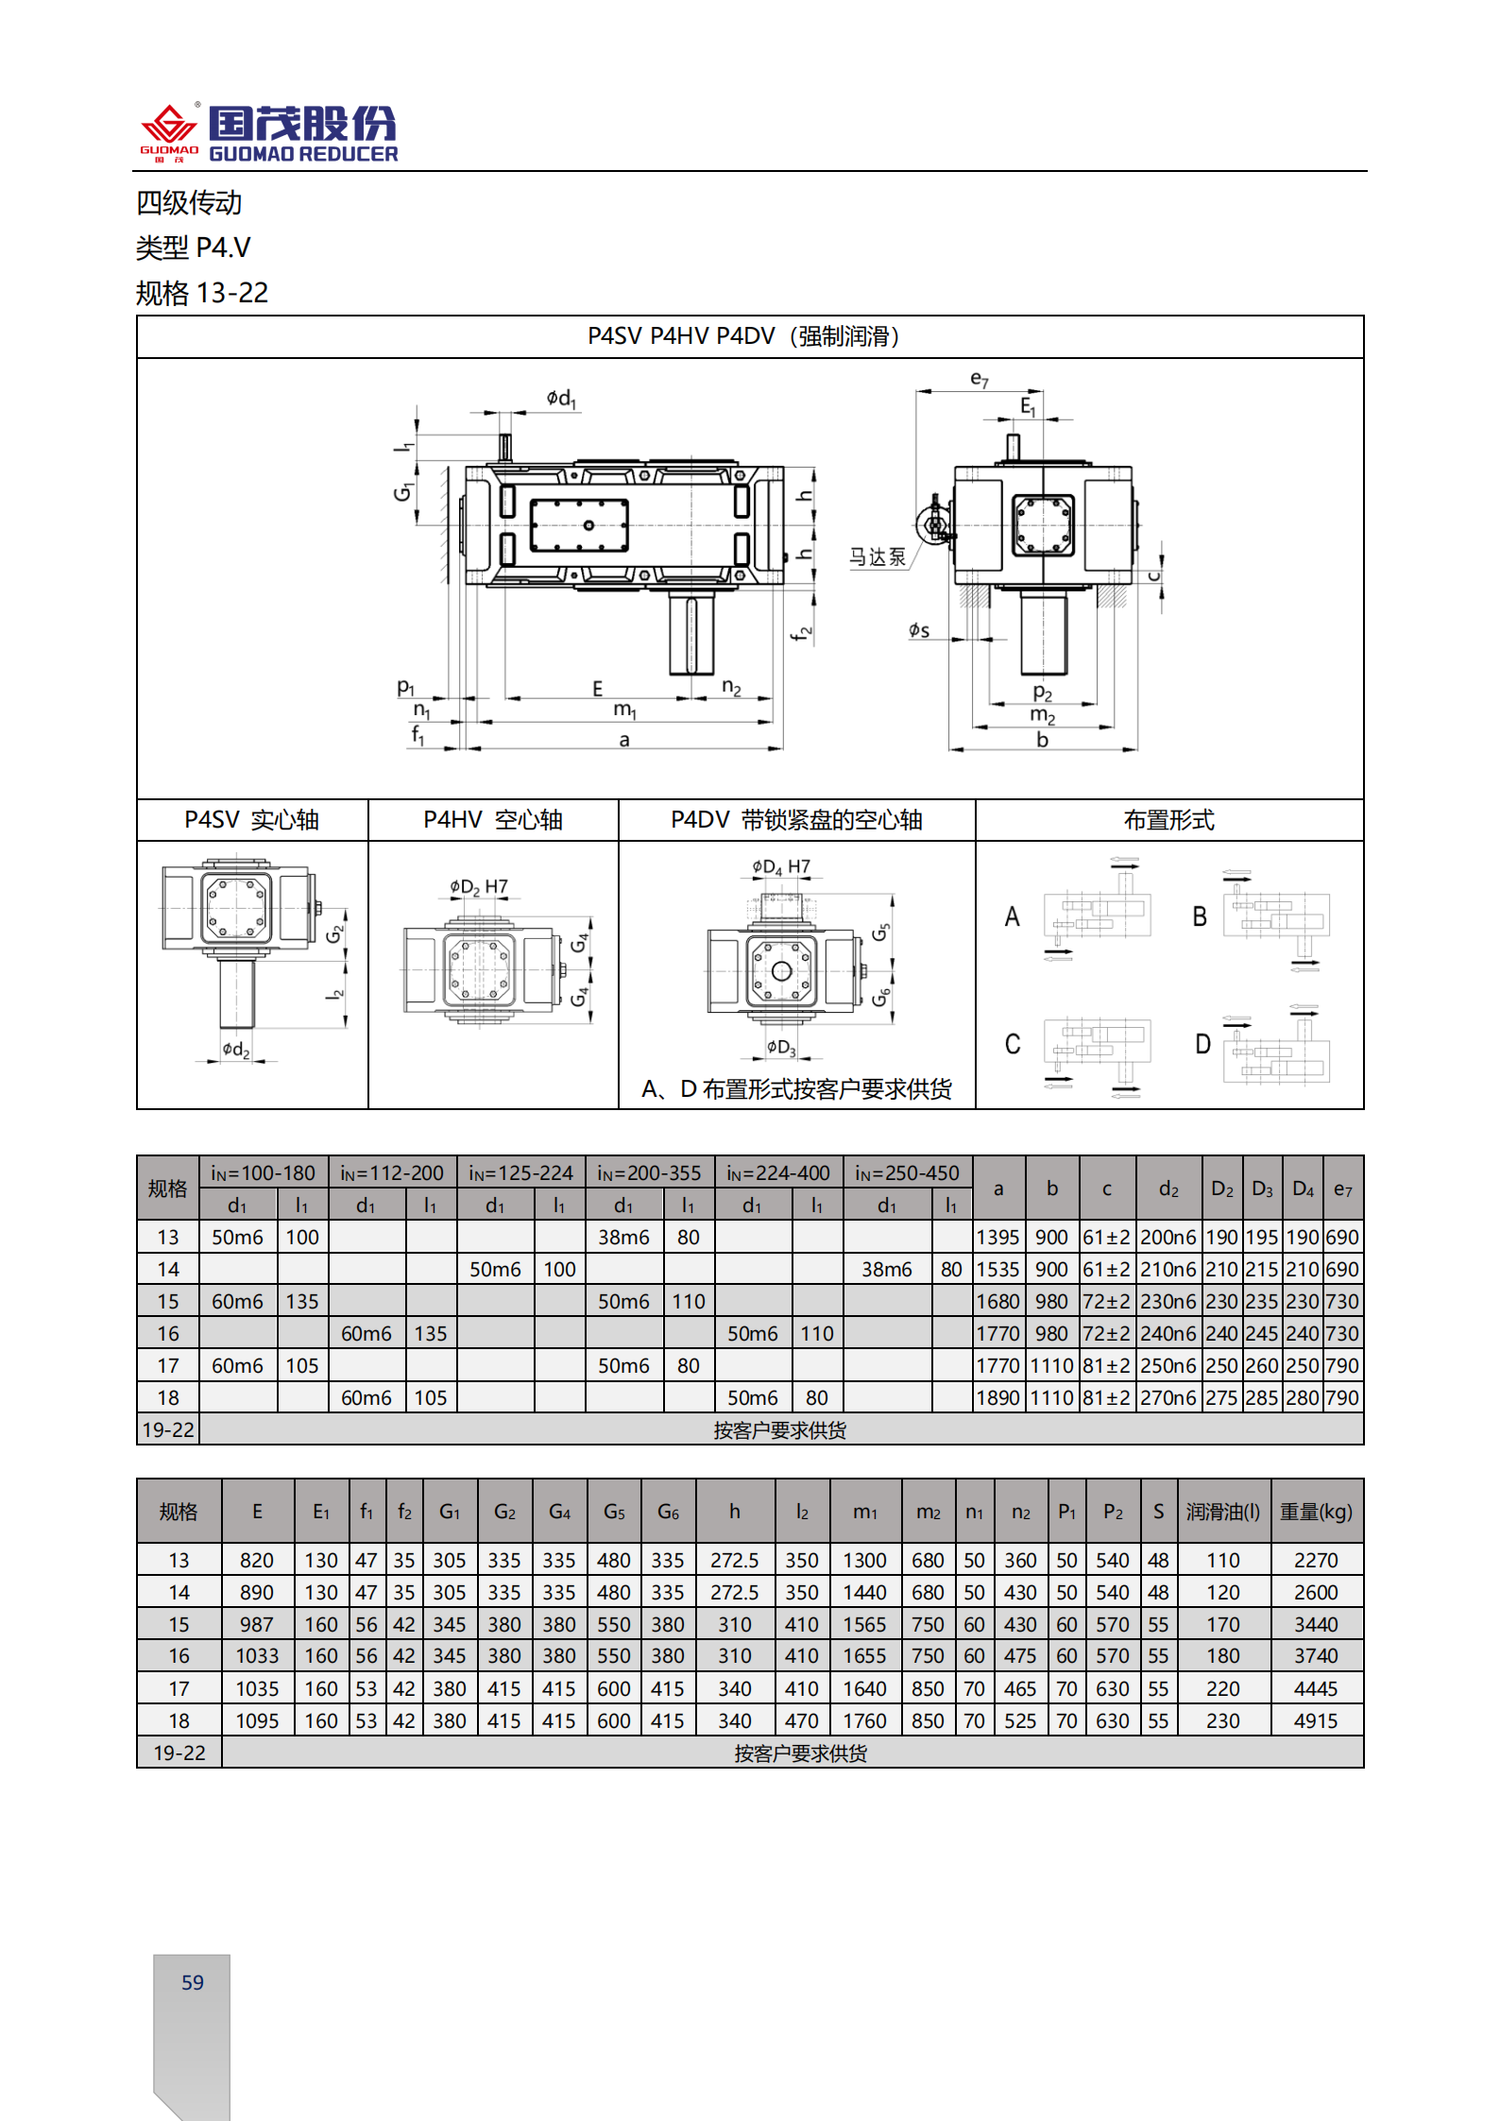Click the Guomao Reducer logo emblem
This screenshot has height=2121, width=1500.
(x=168, y=130)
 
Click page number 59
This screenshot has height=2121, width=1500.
(x=193, y=1982)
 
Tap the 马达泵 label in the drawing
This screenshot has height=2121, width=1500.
(x=877, y=557)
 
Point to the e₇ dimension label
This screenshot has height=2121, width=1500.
(x=980, y=380)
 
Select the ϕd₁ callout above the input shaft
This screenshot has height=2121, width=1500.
(x=561, y=399)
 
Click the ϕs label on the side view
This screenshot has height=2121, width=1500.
(x=919, y=630)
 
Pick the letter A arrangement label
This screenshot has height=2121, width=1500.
(x=1012, y=916)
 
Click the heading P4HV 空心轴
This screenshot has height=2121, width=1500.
(x=493, y=820)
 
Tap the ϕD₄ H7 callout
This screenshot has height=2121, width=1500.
(x=781, y=866)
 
